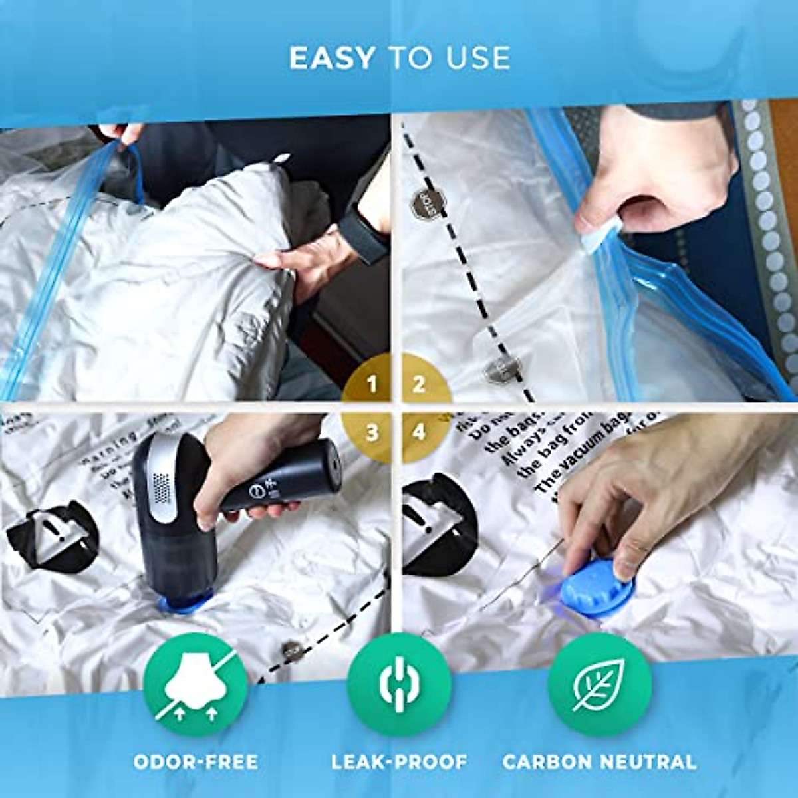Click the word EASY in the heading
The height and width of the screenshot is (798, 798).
(332, 59)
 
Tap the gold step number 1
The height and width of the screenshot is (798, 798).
(372, 384)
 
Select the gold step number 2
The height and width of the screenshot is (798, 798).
(419, 384)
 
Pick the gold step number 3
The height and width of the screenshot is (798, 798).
(372, 432)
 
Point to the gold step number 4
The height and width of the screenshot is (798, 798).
(419, 432)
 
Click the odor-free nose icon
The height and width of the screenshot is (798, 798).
(196, 685)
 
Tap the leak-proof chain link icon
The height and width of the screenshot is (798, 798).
(399, 685)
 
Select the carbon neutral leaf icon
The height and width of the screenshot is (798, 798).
(599, 685)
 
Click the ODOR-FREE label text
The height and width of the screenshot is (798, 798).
(196, 761)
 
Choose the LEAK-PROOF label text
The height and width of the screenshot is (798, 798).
(399, 761)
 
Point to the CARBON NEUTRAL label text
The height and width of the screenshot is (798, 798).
(599, 761)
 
